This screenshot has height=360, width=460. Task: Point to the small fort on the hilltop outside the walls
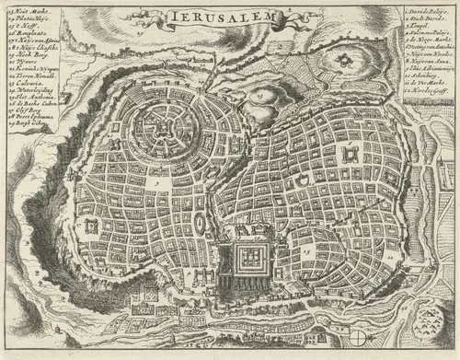[342, 62]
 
